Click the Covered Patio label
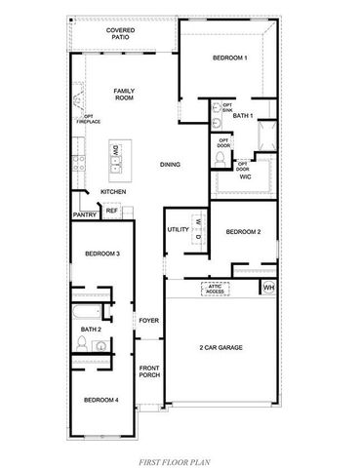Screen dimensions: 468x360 pyautogui.click(x=121, y=34)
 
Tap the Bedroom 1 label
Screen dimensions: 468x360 pyautogui.click(x=229, y=58)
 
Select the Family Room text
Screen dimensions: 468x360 pyautogui.click(x=123, y=94)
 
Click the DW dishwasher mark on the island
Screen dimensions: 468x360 pyautogui.click(x=115, y=150)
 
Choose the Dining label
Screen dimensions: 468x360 pyautogui.click(x=171, y=165)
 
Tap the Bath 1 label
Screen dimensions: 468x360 pyautogui.click(x=243, y=116)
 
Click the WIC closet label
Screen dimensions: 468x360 pyautogui.click(x=245, y=176)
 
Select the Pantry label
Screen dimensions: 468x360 pyautogui.click(x=83, y=214)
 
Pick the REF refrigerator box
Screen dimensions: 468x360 pyautogui.click(x=111, y=210)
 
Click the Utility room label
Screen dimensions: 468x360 pyautogui.click(x=178, y=229)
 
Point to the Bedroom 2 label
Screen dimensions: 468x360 pyautogui.click(x=242, y=232)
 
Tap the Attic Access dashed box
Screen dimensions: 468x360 pyautogui.click(x=215, y=290)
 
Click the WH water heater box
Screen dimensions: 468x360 pyautogui.click(x=268, y=288)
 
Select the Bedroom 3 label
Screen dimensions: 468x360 pyautogui.click(x=101, y=253)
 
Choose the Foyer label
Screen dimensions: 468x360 pyautogui.click(x=149, y=320)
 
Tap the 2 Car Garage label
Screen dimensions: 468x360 pyautogui.click(x=220, y=347)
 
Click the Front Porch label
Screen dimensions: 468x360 pyautogui.click(x=149, y=370)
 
